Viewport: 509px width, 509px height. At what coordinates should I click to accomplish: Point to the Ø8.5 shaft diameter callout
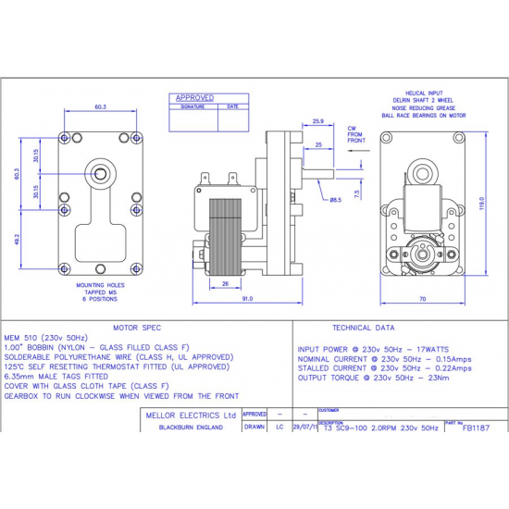tap(334, 199)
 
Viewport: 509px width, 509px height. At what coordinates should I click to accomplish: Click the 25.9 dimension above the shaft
tap(317, 121)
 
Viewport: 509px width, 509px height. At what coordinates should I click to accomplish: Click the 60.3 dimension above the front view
tap(100, 107)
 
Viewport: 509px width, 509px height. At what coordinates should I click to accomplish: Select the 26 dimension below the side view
tap(227, 284)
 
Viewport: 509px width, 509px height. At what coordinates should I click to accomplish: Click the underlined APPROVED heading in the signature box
tap(194, 97)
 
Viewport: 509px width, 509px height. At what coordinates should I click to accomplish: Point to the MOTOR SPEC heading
tap(137, 328)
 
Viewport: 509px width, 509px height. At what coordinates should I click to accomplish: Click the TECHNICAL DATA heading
tap(363, 328)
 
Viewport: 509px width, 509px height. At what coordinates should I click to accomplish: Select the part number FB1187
tap(476, 428)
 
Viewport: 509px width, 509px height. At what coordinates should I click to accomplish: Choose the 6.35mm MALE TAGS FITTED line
tap(56, 377)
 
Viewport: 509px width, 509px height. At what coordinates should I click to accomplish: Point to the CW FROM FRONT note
tap(356, 134)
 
